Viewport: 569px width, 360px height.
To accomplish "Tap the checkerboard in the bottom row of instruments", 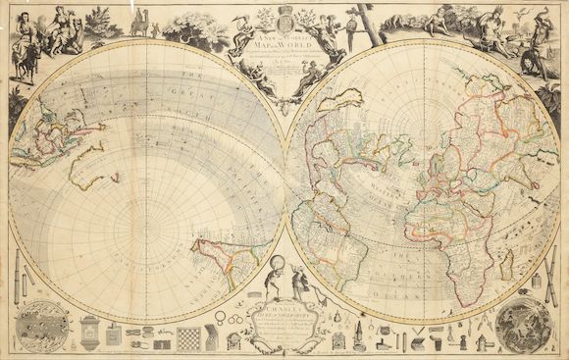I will pos(188,338).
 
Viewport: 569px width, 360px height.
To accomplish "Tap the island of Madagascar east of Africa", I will pos(506,263).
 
